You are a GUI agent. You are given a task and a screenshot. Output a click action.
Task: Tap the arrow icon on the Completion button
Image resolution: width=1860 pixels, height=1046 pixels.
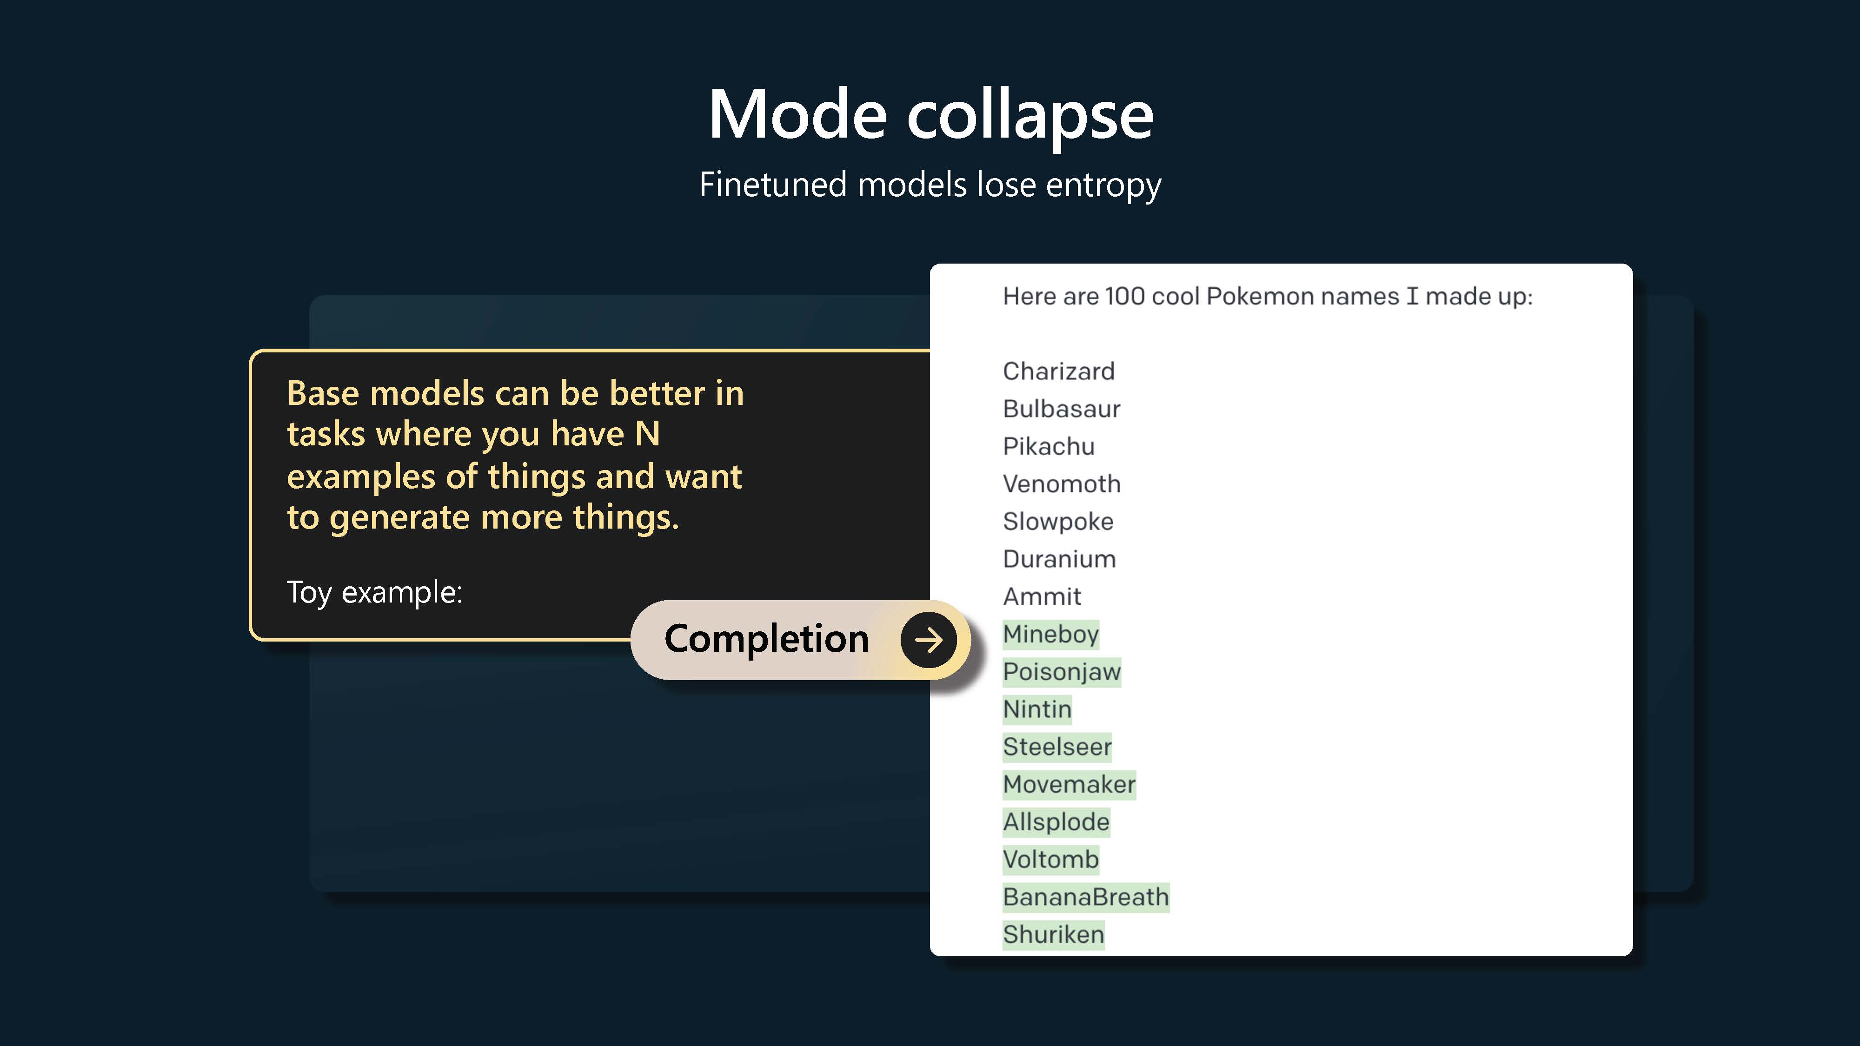point(929,640)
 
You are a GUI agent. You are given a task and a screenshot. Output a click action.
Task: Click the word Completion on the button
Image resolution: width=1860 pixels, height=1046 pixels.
point(766,640)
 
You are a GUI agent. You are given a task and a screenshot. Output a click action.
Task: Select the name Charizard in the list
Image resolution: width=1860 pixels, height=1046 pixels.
point(1058,371)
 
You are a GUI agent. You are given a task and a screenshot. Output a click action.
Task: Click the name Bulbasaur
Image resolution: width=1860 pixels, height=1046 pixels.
point(1062,409)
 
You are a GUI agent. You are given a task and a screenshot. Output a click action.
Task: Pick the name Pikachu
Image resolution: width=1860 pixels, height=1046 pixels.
point(1049,446)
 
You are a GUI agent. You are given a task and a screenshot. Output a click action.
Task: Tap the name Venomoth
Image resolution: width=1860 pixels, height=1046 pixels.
point(1062,483)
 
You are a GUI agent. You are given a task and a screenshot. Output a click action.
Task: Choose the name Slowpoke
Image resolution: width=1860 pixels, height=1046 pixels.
point(1058,521)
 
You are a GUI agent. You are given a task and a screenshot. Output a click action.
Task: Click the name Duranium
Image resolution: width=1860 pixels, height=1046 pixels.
point(1059,559)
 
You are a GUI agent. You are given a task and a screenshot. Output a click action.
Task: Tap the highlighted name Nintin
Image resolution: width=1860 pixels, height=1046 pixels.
point(1037,709)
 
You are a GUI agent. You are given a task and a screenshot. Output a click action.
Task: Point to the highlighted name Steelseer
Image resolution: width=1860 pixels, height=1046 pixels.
point(1057,747)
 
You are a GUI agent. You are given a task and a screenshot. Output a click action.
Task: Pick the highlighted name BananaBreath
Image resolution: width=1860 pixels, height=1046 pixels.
point(1086,897)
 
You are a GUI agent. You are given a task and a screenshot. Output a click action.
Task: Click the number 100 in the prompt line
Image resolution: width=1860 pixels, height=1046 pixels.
point(1124,296)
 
